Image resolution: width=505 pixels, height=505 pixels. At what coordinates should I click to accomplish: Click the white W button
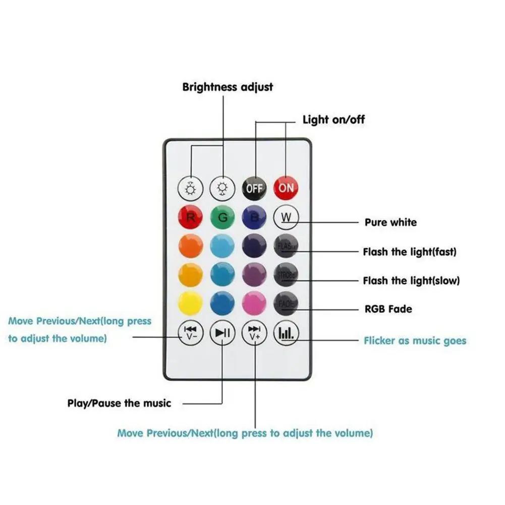[x=286, y=218]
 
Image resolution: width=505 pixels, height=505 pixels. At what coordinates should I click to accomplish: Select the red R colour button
[x=191, y=218]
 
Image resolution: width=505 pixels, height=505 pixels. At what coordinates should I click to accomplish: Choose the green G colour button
[x=222, y=218]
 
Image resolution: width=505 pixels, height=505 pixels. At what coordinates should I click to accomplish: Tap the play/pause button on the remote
[x=222, y=333]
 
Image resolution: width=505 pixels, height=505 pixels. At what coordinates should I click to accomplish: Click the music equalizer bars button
[x=286, y=333]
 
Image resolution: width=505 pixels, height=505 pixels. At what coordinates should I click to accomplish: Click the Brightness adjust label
[x=228, y=87]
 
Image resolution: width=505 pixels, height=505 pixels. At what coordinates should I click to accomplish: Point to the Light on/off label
[x=333, y=120]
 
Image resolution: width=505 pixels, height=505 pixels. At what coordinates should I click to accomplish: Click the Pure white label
[x=391, y=222]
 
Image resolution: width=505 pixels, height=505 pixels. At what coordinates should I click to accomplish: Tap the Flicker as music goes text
[x=415, y=341]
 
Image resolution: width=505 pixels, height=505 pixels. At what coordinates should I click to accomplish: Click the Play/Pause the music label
[x=119, y=403]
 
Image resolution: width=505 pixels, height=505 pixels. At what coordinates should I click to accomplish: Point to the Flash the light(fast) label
[x=409, y=251]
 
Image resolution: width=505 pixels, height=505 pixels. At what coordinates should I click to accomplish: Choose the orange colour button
[x=191, y=247]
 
